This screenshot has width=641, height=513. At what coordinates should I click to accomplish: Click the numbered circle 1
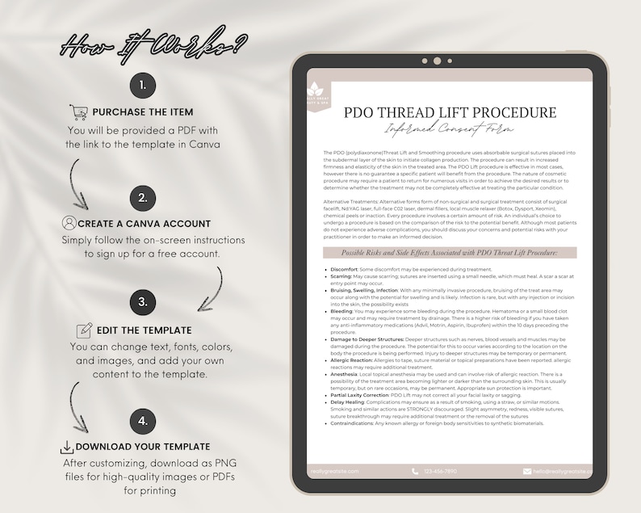click(142, 85)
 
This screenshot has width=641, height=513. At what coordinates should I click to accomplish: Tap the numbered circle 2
click(142, 197)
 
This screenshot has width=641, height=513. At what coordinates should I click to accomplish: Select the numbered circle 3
click(142, 303)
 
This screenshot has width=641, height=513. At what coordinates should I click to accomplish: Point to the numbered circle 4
click(142, 420)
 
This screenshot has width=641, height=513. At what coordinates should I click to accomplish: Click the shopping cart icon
click(78, 111)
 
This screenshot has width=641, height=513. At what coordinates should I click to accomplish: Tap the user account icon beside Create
click(69, 223)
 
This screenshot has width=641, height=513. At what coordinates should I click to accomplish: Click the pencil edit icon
click(84, 330)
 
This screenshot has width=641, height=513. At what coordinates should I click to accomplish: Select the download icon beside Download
click(66, 447)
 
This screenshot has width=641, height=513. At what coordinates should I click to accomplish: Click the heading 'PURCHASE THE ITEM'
click(143, 111)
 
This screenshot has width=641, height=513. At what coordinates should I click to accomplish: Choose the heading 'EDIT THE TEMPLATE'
click(144, 330)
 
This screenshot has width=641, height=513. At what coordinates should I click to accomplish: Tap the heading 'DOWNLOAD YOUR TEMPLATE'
click(143, 447)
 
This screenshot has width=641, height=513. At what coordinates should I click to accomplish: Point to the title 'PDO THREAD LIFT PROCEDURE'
click(450, 112)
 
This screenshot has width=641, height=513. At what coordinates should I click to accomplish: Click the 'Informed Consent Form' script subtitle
click(450, 129)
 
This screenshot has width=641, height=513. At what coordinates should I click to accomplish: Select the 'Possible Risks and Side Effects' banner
click(450, 253)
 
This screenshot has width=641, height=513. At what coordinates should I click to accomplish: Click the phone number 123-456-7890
click(439, 471)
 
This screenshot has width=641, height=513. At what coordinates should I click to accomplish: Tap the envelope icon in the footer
click(527, 471)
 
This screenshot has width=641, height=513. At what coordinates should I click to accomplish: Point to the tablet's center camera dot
click(437, 61)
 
